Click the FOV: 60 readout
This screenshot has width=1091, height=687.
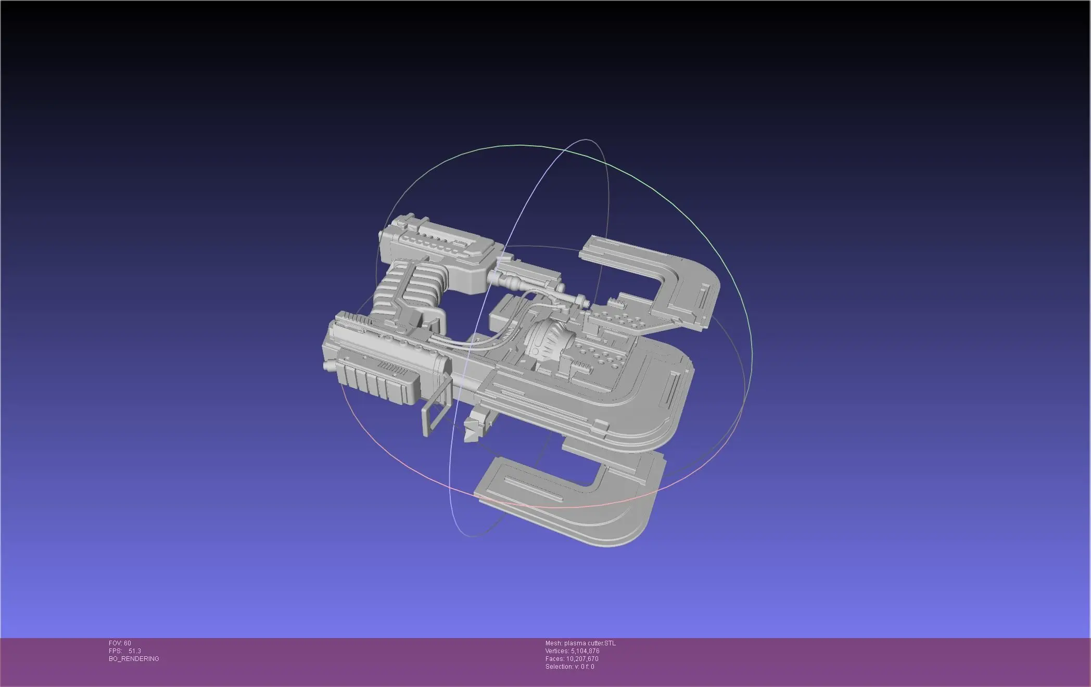tap(120, 643)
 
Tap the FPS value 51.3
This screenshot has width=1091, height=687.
tap(134, 651)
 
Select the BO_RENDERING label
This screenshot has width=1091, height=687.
tap(134, 659)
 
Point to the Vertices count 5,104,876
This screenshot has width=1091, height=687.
tap(585, 651)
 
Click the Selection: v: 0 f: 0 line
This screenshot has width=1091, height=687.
tap(569, 667)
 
